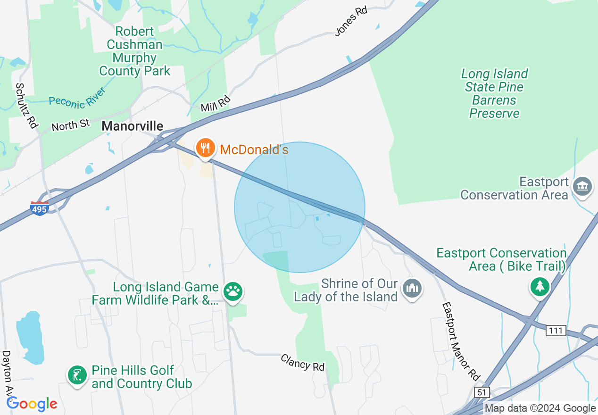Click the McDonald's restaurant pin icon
click(x=205, y=148)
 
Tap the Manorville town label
click(x=133, y=126)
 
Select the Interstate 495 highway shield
click(x=40, y=208)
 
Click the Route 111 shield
click(x=556, y=331)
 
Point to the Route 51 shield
click(x=482, y=392)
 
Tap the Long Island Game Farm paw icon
click(x=233, y=291)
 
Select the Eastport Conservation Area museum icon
click(x=582, y=186)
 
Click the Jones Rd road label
click(x=351, y=21)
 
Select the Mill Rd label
click(x=215, y=104)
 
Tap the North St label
click(x=70, y=125)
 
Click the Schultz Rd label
click(x=26, y=105)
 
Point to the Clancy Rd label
click(x=303, y=362)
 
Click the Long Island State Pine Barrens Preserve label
click(x=494, y=93)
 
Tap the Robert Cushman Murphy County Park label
click(x=134, y=51)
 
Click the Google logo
click(x=32, y=404)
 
